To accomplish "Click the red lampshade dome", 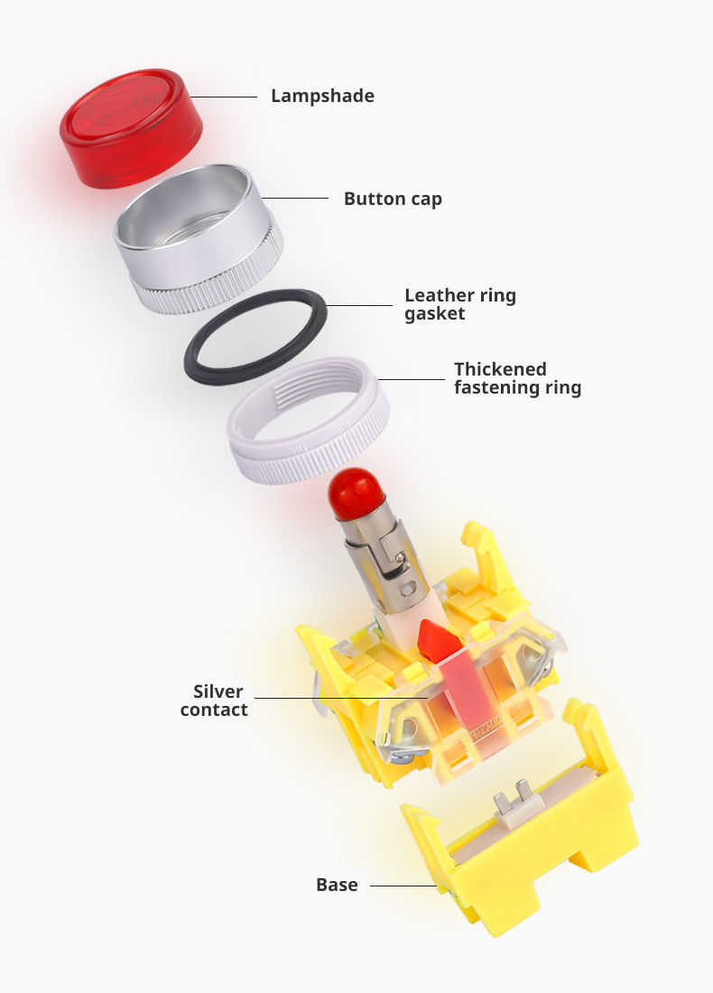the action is [131, 128].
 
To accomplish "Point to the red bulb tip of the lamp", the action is [356, 494].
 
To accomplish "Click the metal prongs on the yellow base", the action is [514, 797].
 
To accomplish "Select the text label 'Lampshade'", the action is [322, 97].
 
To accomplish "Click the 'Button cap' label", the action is [393, 199].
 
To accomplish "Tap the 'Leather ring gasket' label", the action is [460, 304].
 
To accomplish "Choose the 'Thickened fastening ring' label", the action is [517, 378].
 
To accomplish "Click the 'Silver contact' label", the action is [214, 701].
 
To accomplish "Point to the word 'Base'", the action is [337, 885].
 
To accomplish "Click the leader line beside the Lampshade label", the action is [223, 97].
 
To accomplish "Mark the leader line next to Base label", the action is [403, 886].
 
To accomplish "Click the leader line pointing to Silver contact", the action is [341, 698].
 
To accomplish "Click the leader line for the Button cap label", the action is [295, 199].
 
